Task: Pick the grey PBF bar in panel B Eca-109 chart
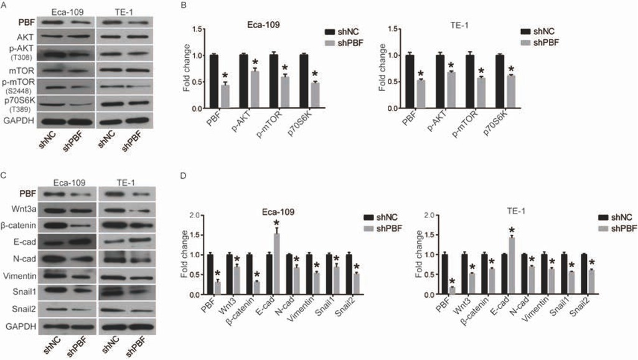(225, 96)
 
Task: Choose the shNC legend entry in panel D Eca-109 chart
(382, 218)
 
